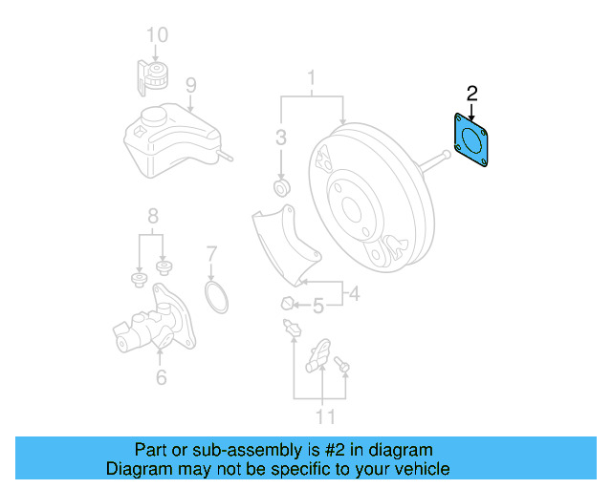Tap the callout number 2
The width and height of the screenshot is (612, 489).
point(471,94)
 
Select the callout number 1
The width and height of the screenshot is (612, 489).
point(311,76)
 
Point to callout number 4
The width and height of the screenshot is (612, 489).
point(354,294)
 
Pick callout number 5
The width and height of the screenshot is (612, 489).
point(319,306)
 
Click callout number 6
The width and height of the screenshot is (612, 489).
point(161,377)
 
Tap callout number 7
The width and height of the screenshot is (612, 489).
point(212,255)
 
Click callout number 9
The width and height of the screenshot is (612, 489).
point(190,87)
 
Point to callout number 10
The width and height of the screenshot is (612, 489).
point(157,36)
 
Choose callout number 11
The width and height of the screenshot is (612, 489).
point(325,416)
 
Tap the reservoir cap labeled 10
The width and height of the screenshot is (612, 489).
point(154,73)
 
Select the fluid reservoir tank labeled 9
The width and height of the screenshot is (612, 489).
point(167,138)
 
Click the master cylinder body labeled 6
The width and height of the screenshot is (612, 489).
point(153,325)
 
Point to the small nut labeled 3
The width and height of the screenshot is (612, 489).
point(281,184)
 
